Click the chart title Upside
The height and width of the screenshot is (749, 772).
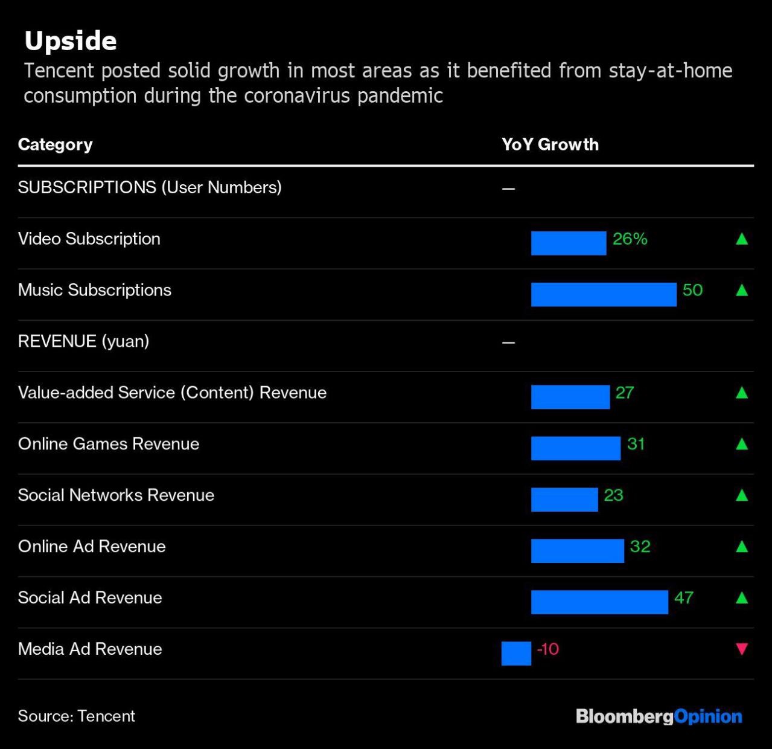pyautogui.click(x=71, y=41)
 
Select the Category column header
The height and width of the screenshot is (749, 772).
pyautogui.click(x=56, y=144)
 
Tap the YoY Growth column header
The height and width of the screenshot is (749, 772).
pyautogui.click(x=550, y=144)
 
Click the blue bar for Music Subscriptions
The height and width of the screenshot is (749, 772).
pyautogui.click(x=604, y=294)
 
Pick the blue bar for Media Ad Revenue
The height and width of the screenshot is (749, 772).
pyautogui.click(x=516, y=654)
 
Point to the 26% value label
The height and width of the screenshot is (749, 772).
pyautogui.click(x=630, y=239)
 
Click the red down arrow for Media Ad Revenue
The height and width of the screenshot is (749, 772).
pyautogui.click(x=742, y=649)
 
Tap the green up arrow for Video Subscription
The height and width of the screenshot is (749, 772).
pyautogui.click(x=742, y=239)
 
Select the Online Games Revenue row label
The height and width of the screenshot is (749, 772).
pyautogui.click(x=109, y=444)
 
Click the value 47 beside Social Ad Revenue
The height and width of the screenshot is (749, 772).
pyautogui.click(x=683, y=598)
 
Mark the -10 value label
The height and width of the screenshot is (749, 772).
pyautogui.click(x=547, y=649)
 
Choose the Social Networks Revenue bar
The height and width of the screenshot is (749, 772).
pyautogui.click(x=564, y=500)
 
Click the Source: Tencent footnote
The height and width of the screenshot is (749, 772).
pyautogui.click(x=77, y=716)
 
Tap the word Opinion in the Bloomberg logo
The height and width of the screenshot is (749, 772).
pyautogui.click(x=708, y=716)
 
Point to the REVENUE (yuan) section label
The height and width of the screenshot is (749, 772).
pyautogui.click(x=84, y=341)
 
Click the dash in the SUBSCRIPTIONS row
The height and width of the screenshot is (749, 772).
pyautogui.click(x=508, y=189)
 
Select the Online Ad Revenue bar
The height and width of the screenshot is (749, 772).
pyautogui.click(x=578, y=551)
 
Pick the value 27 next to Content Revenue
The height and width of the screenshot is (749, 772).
pyautogui.click(x=624, y=393)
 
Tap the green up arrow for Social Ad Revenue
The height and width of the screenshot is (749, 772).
pyautogui.click(x=742, y=598)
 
